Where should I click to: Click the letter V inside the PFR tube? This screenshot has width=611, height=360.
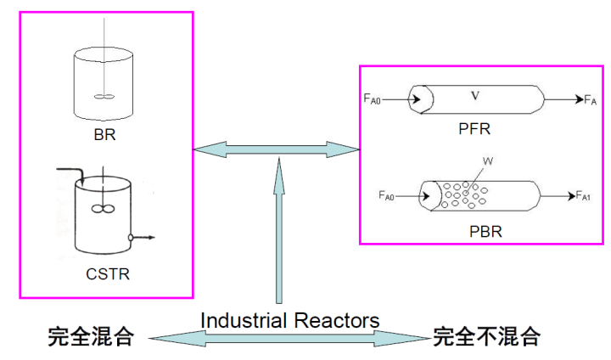[475, 96]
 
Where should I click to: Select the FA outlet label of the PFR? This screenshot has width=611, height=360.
[591, 100]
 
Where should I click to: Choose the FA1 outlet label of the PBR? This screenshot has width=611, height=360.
[583, 196]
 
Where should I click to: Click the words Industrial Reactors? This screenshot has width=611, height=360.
[289, 320]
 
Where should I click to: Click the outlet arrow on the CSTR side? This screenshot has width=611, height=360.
[143, 238]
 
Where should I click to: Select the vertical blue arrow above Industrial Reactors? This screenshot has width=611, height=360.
[277, 229]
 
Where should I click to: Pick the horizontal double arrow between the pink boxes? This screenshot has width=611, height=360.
[277, 149]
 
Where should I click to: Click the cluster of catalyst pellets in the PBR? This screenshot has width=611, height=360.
[462, 194]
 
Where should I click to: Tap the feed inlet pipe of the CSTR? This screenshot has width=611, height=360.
[72, 173]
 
